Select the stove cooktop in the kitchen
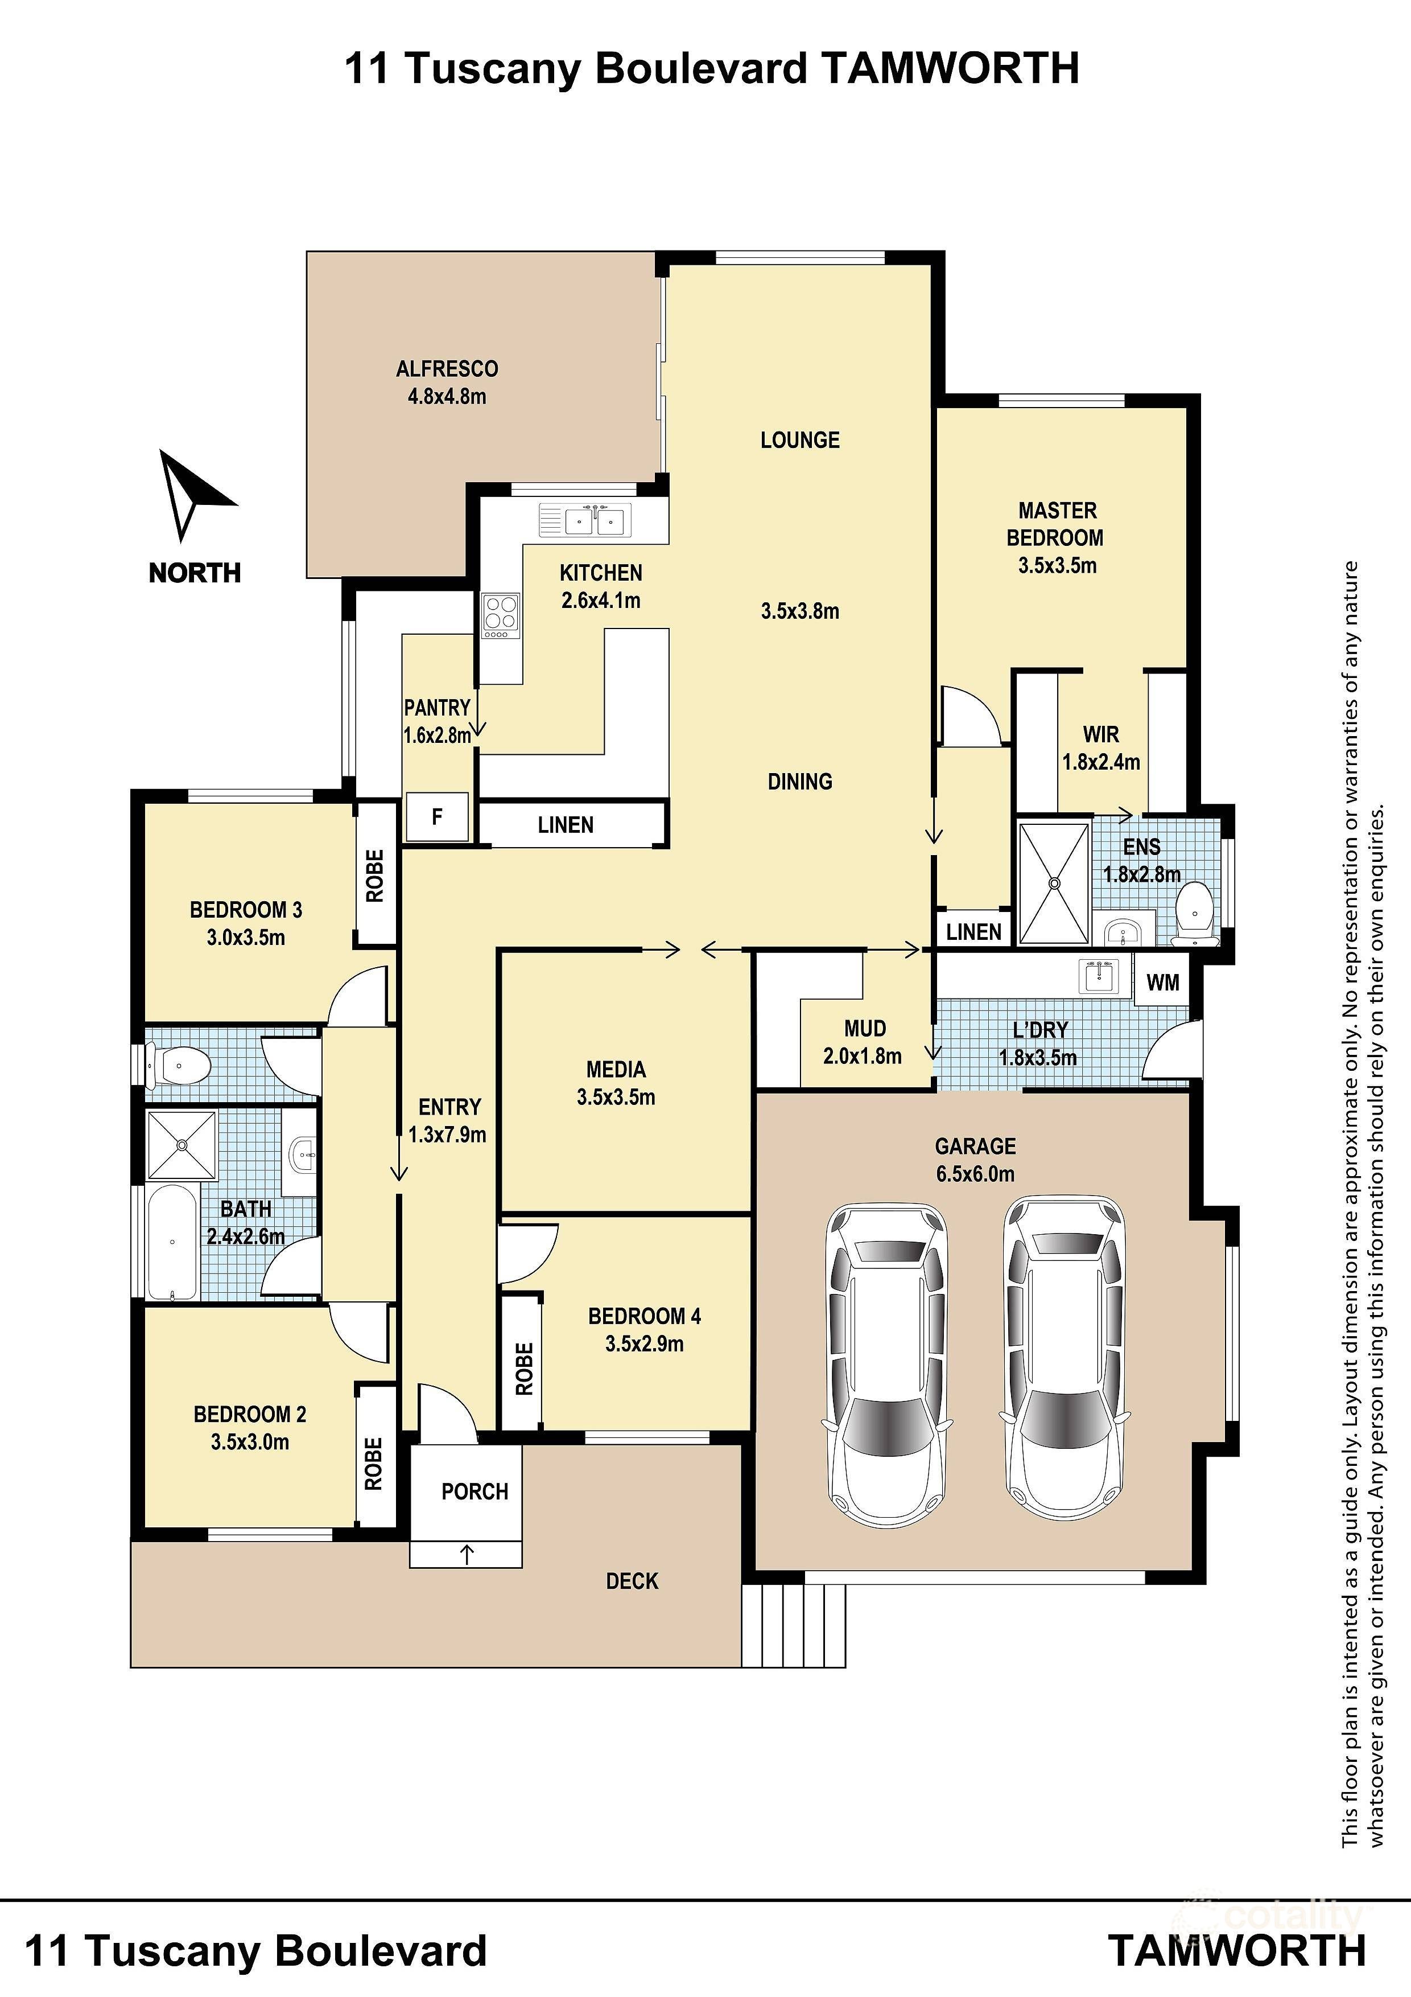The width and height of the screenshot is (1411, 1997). click(x=501, y=614)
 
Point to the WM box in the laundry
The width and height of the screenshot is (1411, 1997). click(x=1162, y=983)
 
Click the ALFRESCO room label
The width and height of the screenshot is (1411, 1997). click(x=447, y=369)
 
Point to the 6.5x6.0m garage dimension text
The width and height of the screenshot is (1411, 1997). click(x=975, y=1173)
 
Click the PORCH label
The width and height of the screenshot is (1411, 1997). click(x=474, y=1491)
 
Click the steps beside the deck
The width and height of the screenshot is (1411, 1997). click(x=793, y=1624)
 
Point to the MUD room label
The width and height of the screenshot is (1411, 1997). click(x=864, y=1028)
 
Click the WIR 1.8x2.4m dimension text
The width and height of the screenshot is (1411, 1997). click(x=1100, y=762)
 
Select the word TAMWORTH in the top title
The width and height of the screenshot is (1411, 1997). click(x=950, y=68)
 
